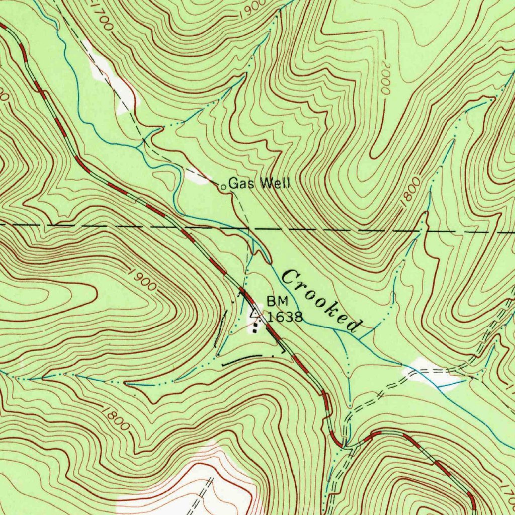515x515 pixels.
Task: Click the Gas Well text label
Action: coord(260,184)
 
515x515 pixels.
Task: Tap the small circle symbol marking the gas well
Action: coord(224,187)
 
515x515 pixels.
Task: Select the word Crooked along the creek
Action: coord(322,301)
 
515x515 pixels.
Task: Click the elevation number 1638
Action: coord(285,317)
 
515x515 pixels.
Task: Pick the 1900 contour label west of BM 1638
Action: coord(142,280)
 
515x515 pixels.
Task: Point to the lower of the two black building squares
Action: coord(254,330)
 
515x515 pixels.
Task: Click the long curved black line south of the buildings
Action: coord(241,359)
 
